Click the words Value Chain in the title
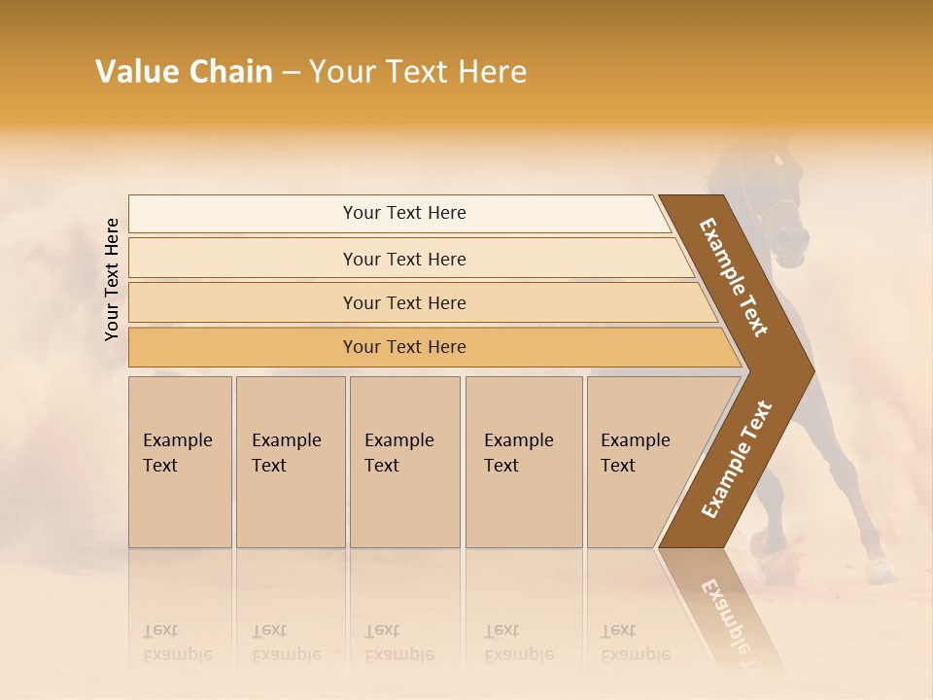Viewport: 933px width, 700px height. pyautogui.click(x=184, y=72)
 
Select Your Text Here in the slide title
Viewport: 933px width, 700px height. pyautogui.click(x=418, y=72)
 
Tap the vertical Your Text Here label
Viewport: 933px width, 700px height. pyautogui.click(x=112, y=280)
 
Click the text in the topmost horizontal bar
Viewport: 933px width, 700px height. pyautogui.click(x=404, y=213)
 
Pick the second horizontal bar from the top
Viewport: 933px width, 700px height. pyautogui.click(x=404, y=259)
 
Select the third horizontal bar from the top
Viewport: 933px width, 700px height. pyautogui.click(x=404, y=303)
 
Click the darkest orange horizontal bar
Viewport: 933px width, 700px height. pyautogui.click(x=404, y=347)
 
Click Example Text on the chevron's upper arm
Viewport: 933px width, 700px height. pyautogui.click(x=734, y=277)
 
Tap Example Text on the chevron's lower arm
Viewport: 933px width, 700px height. pyautogui.click(x=736, y=460)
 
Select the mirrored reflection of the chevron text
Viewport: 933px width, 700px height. pyautogui.click(x=731, y=617)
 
